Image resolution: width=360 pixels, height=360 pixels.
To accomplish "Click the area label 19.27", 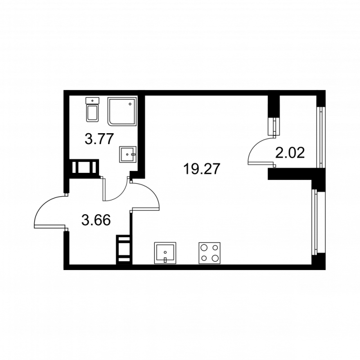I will coord(202,169).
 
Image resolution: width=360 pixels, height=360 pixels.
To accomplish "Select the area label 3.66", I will coord(95,220).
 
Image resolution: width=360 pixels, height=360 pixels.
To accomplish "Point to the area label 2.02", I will coord(290,153).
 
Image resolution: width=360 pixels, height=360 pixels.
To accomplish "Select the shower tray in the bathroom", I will coord(122,112).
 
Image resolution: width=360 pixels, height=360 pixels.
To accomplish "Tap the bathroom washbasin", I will coord(128,154).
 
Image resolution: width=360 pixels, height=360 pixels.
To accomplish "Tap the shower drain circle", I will coord(130,104).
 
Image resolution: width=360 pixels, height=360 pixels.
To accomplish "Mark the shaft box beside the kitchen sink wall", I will coord(123,248).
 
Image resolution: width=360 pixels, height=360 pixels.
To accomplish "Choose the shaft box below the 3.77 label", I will coord(84,167).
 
